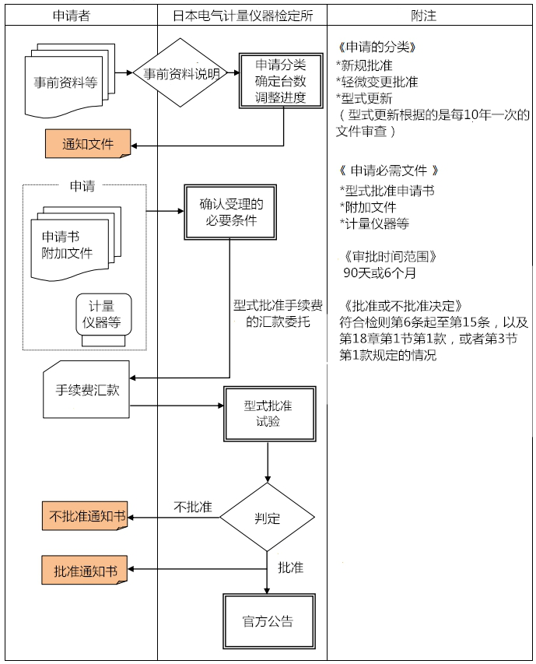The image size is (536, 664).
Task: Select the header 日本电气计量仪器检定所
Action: [x=241, y=15]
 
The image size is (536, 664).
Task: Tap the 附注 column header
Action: [x=429, y=15]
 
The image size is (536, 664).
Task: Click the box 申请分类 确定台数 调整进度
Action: [x=280, y=81]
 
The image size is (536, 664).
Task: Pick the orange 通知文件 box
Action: [x=87, y=144]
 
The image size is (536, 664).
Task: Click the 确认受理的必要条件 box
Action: [x=230, y=212]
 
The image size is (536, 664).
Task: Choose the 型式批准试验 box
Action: [x=268, y=413]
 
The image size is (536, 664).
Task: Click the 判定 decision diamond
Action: [x=267, y=518]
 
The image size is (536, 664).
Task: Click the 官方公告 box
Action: [x=268, y=621]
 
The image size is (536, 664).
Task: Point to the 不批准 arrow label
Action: [x=192, y=507]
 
